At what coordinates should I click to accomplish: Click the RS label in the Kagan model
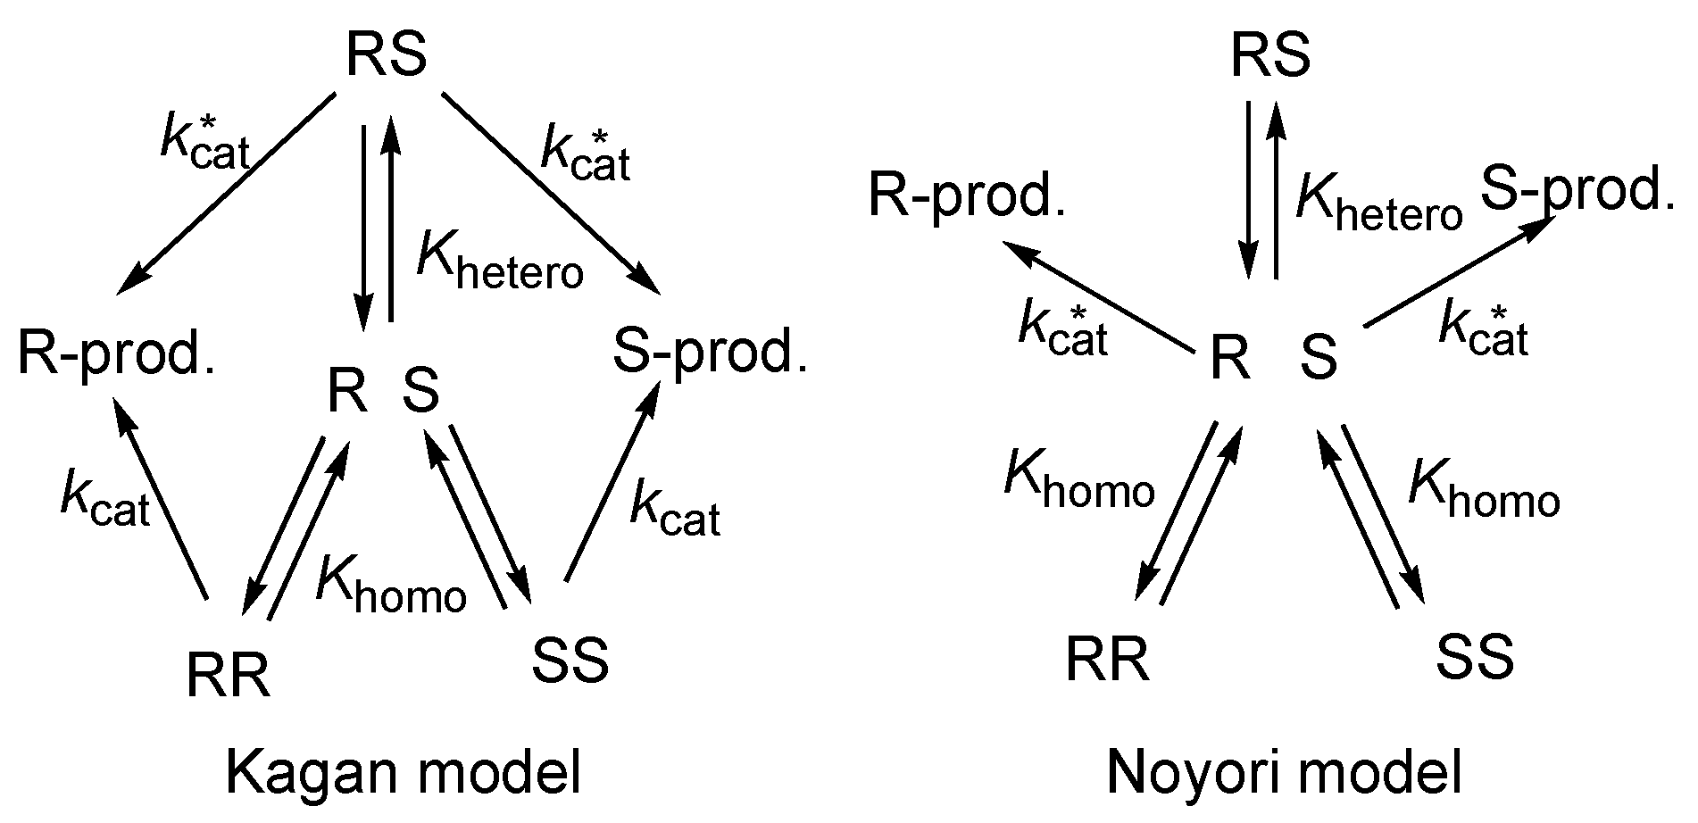coord(386,56)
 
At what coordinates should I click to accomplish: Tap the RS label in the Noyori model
coord(1270,56)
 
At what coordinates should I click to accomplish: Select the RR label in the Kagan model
coord(229,675)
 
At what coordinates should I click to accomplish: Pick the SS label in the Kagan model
coord(570,661)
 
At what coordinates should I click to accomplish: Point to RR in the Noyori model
coord(1107,661)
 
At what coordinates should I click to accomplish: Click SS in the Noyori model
coord(1475,659)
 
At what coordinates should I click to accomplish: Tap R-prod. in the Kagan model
coord(117,354)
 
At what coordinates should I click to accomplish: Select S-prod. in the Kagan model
coord(710,352)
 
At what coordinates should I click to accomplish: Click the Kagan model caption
coord(404,773)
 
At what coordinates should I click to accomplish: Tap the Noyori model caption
coord(1285,773)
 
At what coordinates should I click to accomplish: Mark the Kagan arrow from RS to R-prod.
coord(225,192)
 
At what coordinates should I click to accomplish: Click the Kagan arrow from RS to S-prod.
coord(551,192)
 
